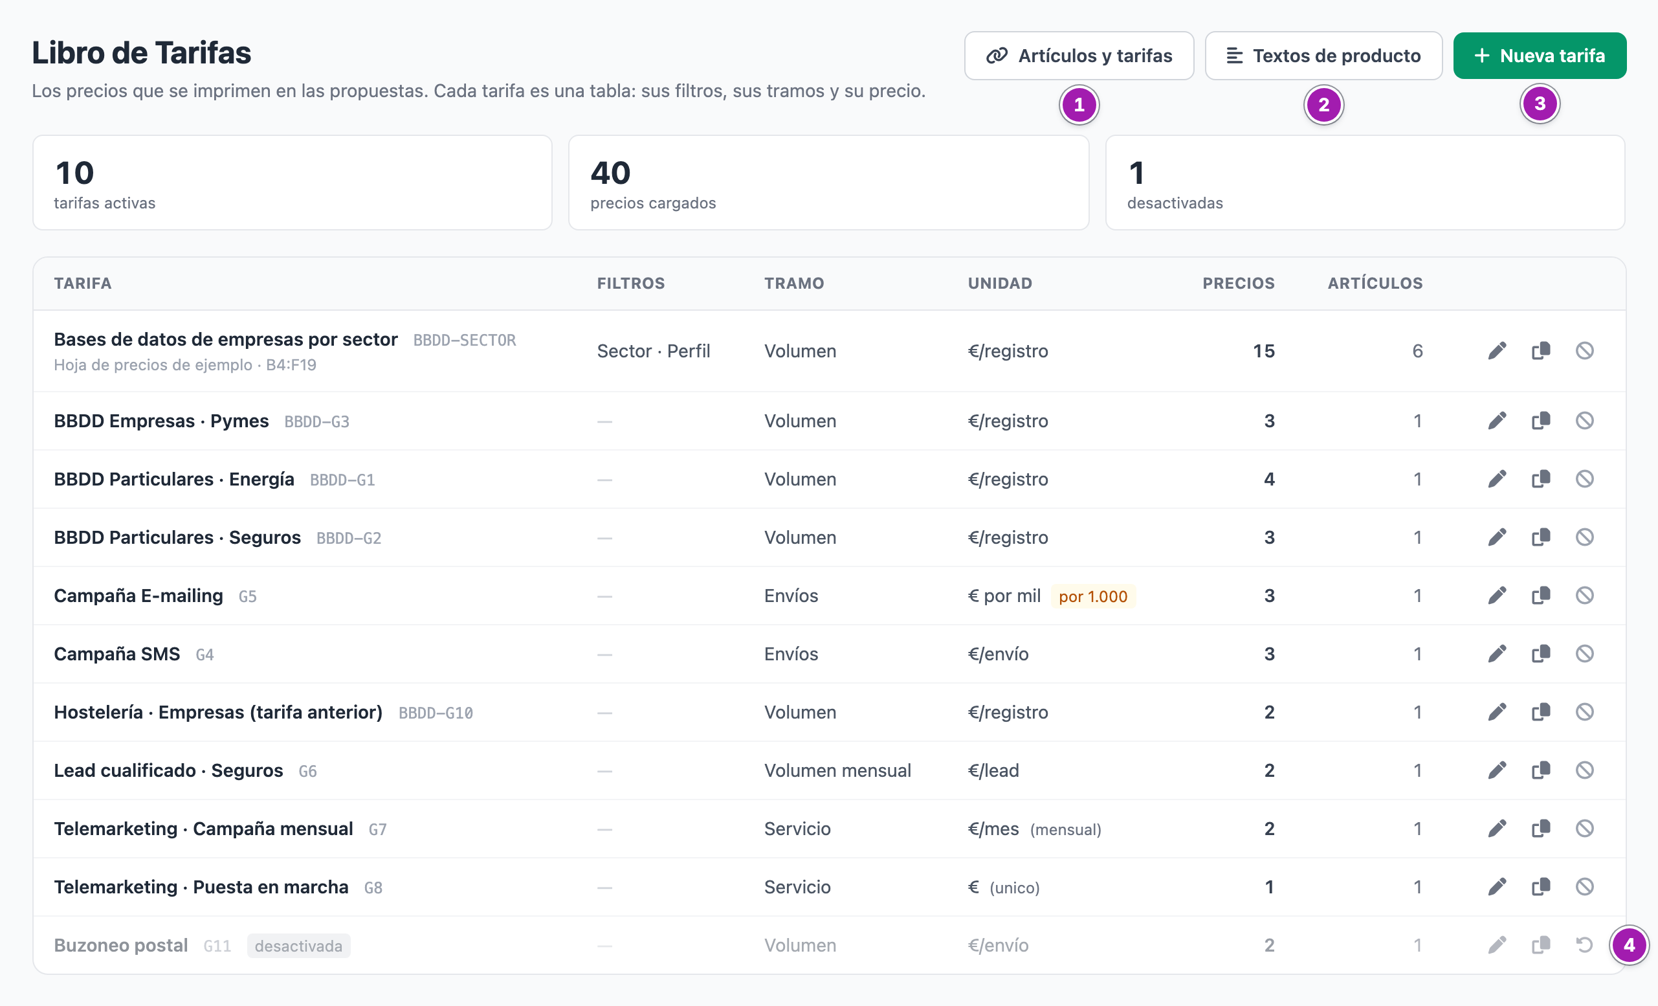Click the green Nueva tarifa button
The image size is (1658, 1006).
click(1540, 56)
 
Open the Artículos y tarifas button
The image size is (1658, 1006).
click(1079, 56)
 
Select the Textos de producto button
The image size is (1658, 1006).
click(1323, 56)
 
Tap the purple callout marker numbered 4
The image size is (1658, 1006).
click(1628, 945)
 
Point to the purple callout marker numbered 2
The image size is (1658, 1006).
click(1323, 105)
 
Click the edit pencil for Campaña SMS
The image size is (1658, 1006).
click(1496, 653)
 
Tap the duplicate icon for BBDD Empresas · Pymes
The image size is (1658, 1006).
click(1541, 421)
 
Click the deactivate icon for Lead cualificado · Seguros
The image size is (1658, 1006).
click(1585, 770)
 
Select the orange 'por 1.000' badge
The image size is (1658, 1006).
click(1093, 596)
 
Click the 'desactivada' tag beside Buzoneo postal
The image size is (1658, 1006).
click(299, 945)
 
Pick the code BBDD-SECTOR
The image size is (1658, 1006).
click(464, 341)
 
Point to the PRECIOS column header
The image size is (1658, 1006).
click(1238, 284)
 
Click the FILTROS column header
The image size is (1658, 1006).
click(630, 284)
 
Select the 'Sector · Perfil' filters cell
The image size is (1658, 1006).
click(654, 352)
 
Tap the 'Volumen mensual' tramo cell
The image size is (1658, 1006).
click(837, 770)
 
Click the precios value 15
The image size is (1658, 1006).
click(1263, 352)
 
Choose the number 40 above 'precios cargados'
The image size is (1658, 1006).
click(610, 173)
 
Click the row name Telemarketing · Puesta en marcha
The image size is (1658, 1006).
click(201, 887)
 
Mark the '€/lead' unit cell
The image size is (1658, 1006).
click(993, 770)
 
